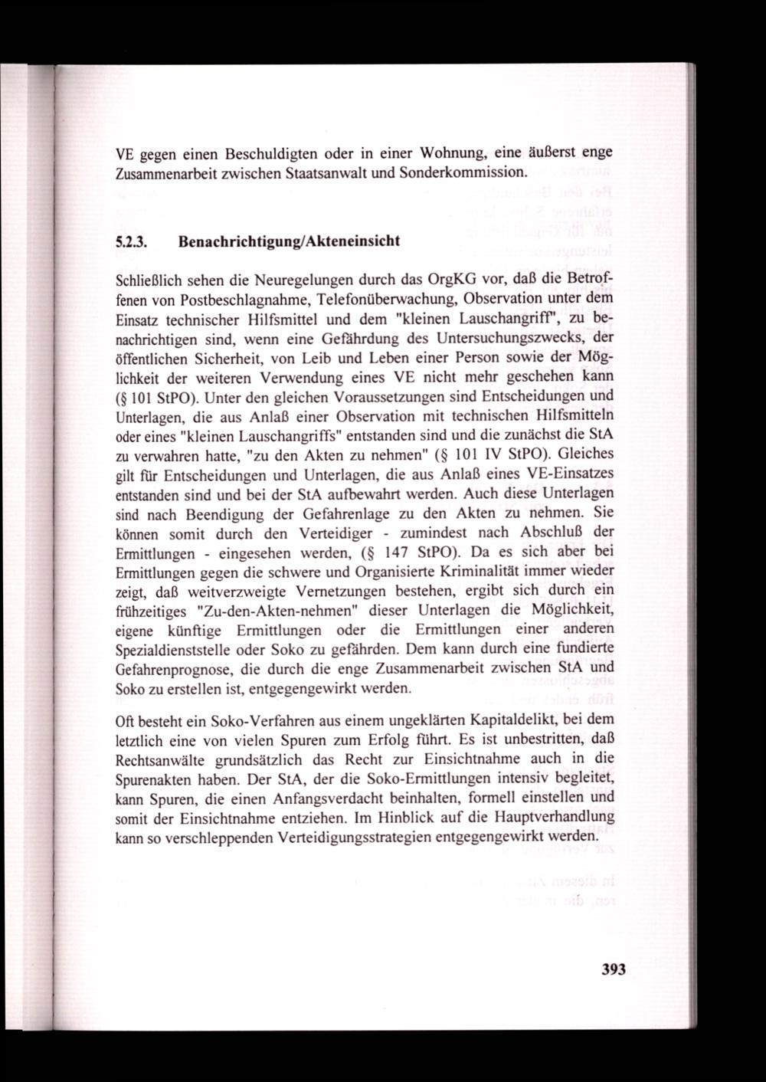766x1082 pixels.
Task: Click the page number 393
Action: point(613,969)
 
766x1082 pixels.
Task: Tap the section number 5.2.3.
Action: point(131,241)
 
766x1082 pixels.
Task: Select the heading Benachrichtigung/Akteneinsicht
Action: point(289,241)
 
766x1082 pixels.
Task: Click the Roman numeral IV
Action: point(491,454)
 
